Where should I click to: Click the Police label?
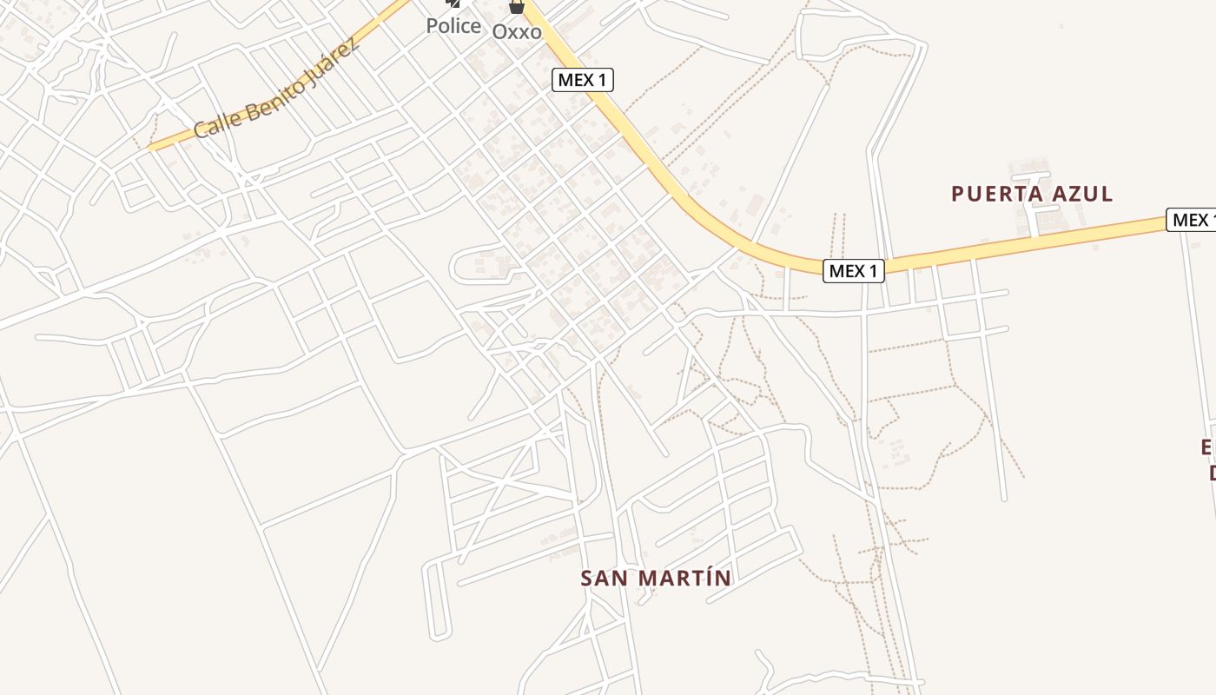coord(453,26)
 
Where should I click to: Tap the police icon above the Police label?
coord(453,4)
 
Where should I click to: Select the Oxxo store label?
coord(517,32)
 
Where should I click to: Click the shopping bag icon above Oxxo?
coord(517,6)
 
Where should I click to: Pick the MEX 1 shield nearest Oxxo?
coord(583,80)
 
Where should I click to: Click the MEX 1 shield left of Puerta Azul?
coord(854,271)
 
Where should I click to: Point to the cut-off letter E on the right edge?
coord(1208,447)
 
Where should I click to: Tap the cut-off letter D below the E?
coord(1212,473)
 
